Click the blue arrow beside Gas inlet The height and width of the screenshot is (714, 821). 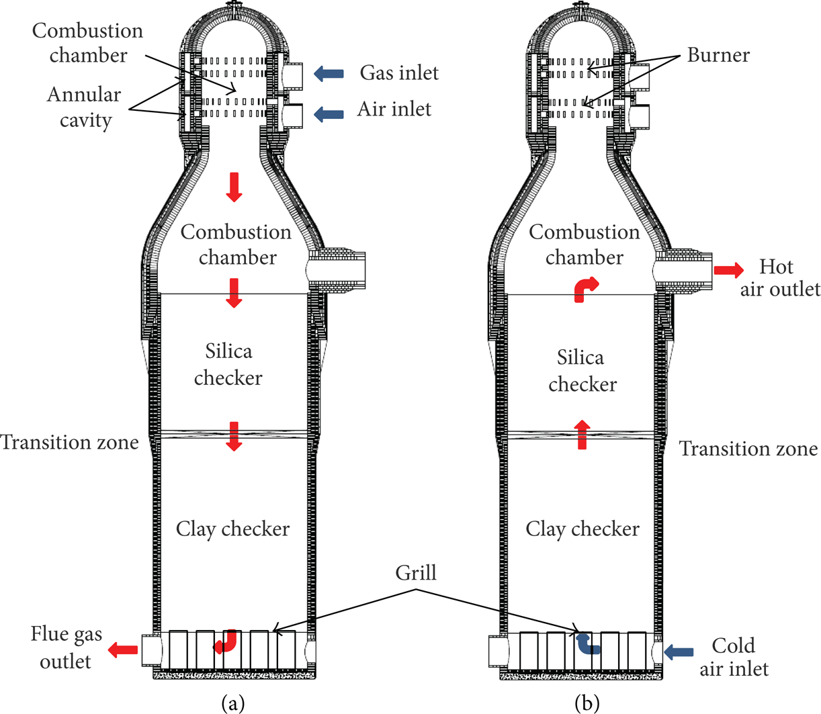point(329,74)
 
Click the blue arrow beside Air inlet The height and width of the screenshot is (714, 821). point(329,114)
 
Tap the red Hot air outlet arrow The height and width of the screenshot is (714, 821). point(729,270)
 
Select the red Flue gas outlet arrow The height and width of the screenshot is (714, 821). point(123,650)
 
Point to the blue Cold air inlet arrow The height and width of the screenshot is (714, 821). point(679,652)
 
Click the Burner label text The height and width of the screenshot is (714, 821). point(718,55)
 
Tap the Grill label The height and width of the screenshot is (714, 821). point(416,572)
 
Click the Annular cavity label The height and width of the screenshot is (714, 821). point(84,107)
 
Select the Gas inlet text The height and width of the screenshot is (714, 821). point(399,73)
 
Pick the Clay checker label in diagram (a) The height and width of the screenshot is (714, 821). point(232,529)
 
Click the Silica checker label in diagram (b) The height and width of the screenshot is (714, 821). point(582,371)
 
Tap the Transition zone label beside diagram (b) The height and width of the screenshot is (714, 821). point(748,449)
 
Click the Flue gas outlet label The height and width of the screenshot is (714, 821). point(67,648)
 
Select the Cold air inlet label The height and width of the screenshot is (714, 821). point(734,658)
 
